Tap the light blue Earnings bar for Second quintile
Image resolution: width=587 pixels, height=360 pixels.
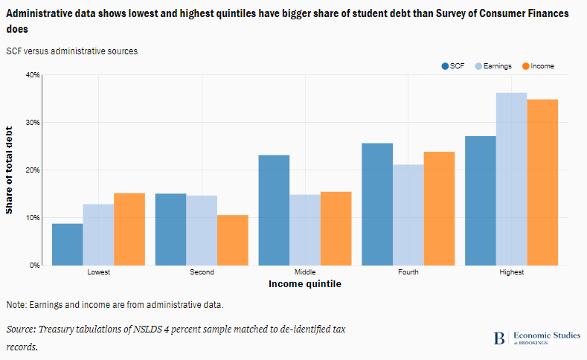[202, 230]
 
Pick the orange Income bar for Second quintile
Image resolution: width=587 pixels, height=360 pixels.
[232, 240]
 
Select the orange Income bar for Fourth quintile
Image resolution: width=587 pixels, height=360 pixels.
[439, 208]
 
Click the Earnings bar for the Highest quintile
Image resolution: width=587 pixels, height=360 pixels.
[511, 179]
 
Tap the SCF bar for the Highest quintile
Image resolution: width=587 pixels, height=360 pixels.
[481, 200]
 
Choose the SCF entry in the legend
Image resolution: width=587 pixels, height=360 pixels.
[453, 66]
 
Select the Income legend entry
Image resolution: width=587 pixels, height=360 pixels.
[538, 66]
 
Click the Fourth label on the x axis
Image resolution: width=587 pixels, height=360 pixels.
[408, 272]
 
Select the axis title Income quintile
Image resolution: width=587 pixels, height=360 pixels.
[304, 283]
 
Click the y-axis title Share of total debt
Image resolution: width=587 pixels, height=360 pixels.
[10, 170]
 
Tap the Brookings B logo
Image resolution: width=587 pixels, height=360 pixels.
[498, 338]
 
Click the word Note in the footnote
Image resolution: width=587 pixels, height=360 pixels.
[16, 305]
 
